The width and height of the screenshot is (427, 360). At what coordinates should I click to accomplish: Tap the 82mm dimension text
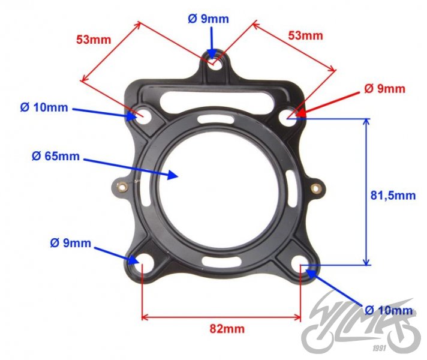[x=227, y=328]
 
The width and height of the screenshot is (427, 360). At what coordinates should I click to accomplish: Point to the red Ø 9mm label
[x=384, y=89]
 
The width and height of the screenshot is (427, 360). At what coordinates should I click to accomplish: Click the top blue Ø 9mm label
[x=208, y=19]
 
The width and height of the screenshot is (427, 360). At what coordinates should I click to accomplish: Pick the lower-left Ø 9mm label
[x=71, y=243]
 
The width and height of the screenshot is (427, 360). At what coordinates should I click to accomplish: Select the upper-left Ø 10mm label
[x=44, y=108]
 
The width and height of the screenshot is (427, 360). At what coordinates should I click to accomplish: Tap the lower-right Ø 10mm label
[x=389, y=310]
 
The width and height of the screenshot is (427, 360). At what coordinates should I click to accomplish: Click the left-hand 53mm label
[x=94, y=40]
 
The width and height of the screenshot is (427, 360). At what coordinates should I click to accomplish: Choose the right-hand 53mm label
[x=305, y=35]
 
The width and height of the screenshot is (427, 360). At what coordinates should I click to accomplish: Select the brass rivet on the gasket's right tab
[x=315, y=188]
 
